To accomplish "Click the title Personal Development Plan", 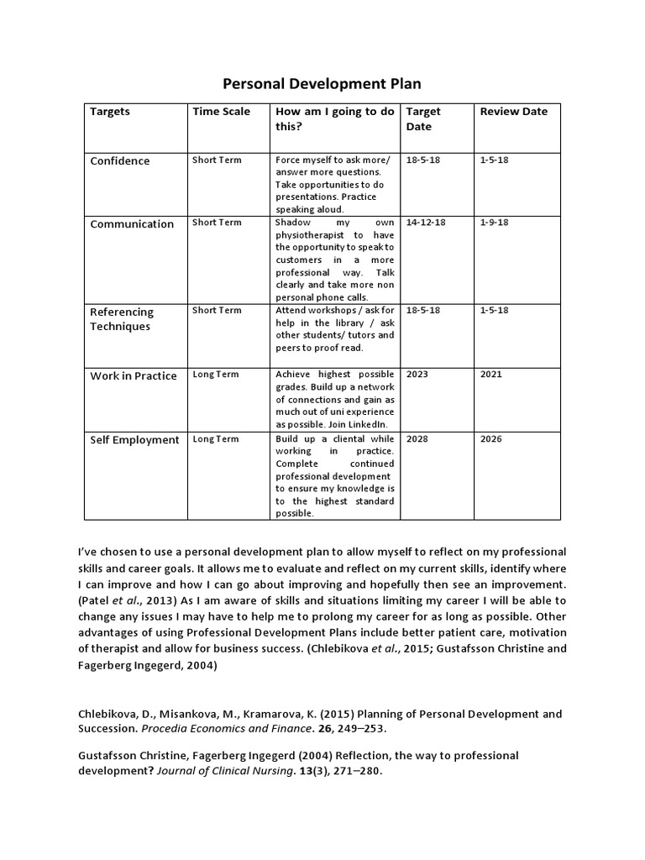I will (322, 84).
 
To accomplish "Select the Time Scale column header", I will (221, 112).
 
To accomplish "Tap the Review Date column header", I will (513, 112).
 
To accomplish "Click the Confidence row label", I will (120, 161).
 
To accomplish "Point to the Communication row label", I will (132, 224).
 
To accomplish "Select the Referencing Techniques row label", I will (122, 319).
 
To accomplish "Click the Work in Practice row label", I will (134, 376).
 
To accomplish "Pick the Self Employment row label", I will (134, 440).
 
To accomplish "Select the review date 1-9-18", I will (494, 223).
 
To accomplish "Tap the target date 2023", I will (417, 375).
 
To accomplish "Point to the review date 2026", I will (490, 438).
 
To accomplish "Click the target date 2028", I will (417, 438).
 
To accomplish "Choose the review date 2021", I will (490, 375).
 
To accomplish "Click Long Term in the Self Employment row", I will (216, 438).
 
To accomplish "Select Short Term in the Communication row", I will (217, 223).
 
